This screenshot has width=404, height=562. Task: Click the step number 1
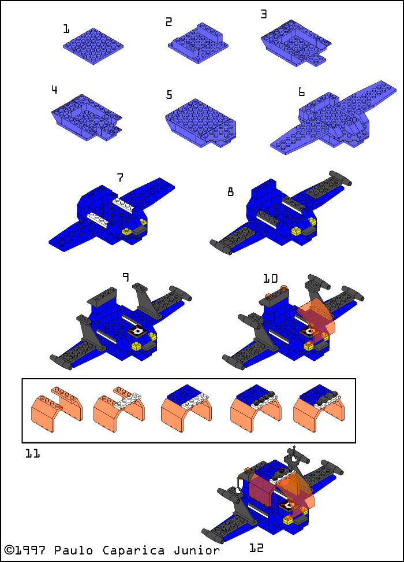coord(66,29)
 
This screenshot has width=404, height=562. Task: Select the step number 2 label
coord(169,22)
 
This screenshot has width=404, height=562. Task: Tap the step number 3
coord(264,14)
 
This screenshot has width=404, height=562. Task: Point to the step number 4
coord(54,90)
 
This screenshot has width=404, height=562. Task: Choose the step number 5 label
coord(169,95)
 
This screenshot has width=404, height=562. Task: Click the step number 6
coord(301,92)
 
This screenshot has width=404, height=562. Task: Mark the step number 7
coord(120,178)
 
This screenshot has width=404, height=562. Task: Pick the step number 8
coord(231,191)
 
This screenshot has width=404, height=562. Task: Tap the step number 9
coord(125,278)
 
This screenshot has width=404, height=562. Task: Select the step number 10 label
coord(270,279)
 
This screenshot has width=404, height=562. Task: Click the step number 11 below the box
coord(32,454)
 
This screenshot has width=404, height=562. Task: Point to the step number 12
coord(256,548)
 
